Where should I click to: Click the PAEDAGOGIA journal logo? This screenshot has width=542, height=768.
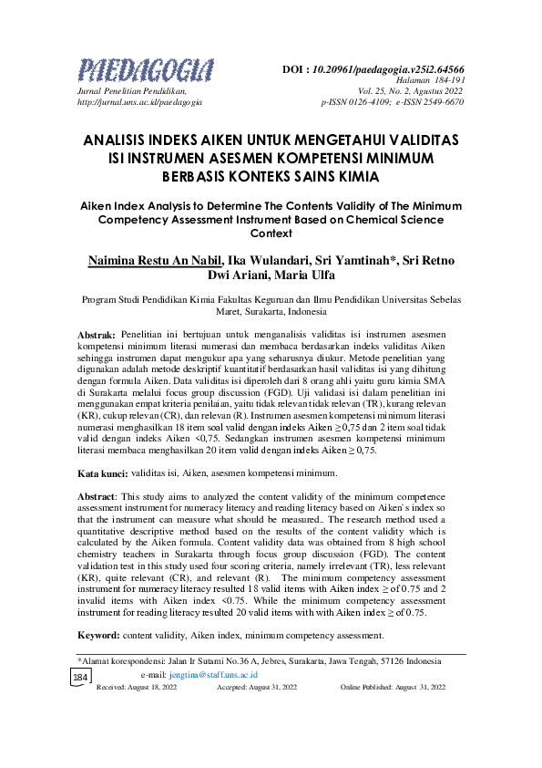point(146,70)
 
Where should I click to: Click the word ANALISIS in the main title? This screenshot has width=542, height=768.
point(119,140)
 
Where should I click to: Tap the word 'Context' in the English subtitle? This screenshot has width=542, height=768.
point(271,233)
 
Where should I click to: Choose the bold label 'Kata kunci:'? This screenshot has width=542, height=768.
point(101,472)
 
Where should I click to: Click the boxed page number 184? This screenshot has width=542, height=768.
point(80,678)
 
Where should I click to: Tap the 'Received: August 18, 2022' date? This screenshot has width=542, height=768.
point(137,687)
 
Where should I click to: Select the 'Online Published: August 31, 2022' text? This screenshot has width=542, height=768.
point(393,687)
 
